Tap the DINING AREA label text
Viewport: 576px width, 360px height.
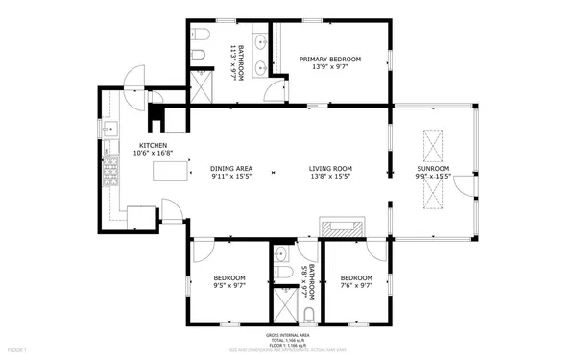tap(230, 168)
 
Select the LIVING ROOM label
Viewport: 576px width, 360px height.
tap(330, 168)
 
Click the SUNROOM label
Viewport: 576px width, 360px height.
tap(432, 168)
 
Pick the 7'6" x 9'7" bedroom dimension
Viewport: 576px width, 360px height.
tap(356, 285)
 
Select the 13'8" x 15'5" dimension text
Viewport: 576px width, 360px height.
tap(330, 177)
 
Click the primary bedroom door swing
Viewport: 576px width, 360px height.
tap(277, 88)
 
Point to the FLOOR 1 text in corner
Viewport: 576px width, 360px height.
tap(13, 352)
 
